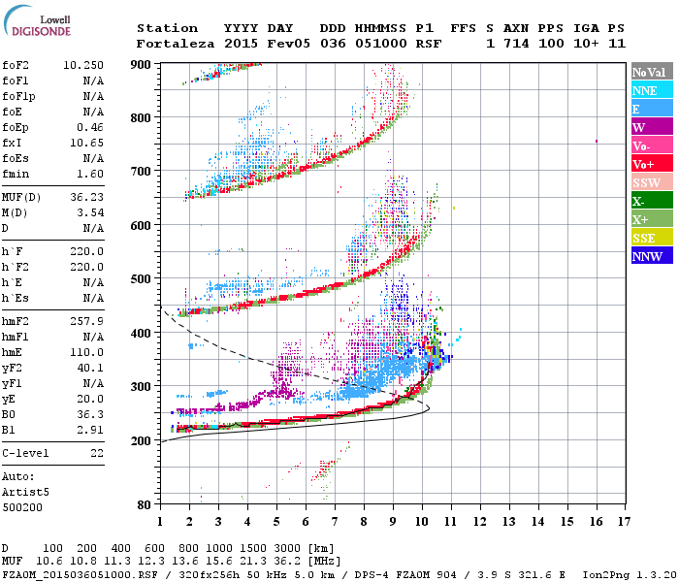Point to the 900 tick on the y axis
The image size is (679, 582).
pos(142,64)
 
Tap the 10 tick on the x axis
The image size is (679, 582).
pos(422,522)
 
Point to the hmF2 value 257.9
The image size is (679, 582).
pos(90,320)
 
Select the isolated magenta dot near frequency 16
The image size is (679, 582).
pos(597,142)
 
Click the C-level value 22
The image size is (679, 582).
pos(97,453)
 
